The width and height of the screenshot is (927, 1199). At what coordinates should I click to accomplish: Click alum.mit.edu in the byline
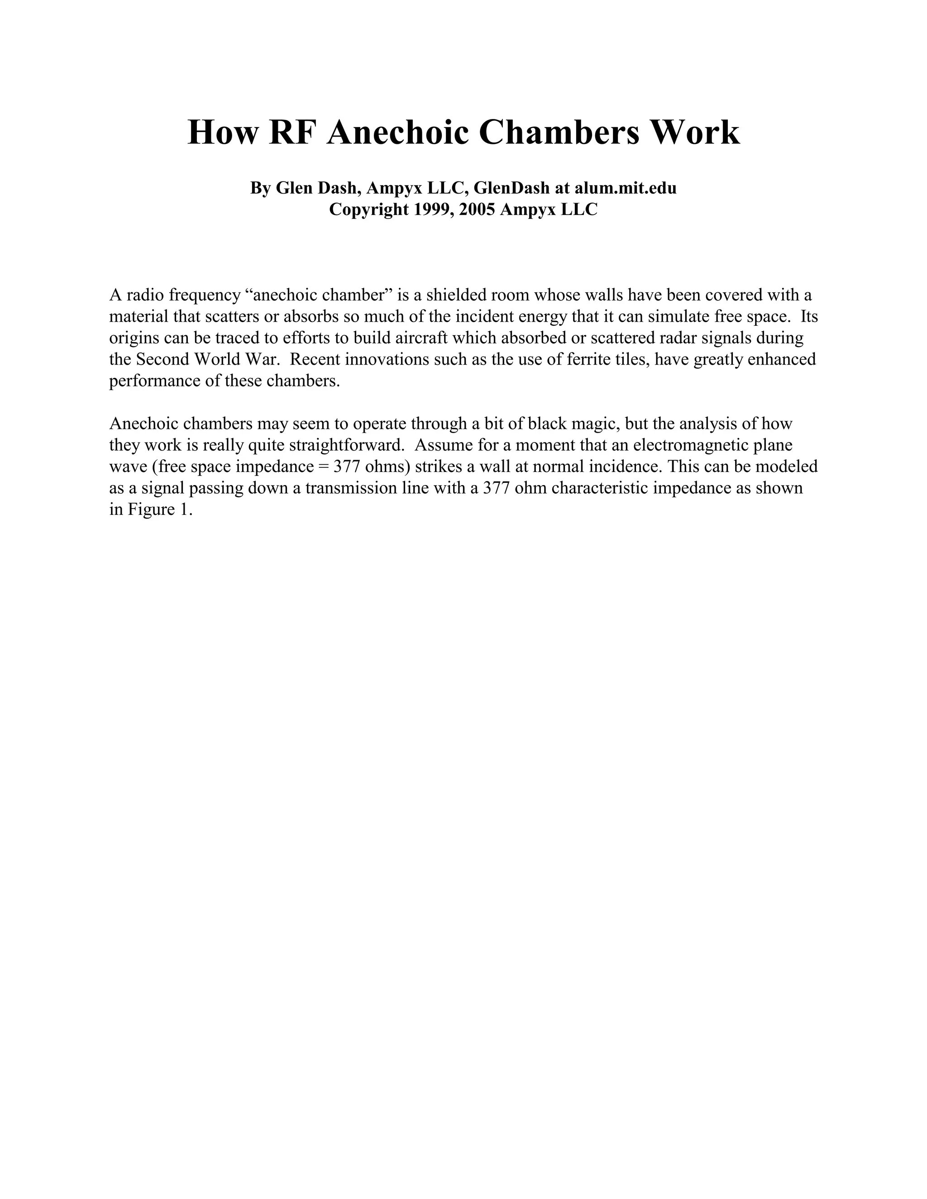(x=626, y=188)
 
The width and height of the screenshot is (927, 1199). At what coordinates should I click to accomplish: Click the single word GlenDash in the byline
(x=511, y=188)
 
